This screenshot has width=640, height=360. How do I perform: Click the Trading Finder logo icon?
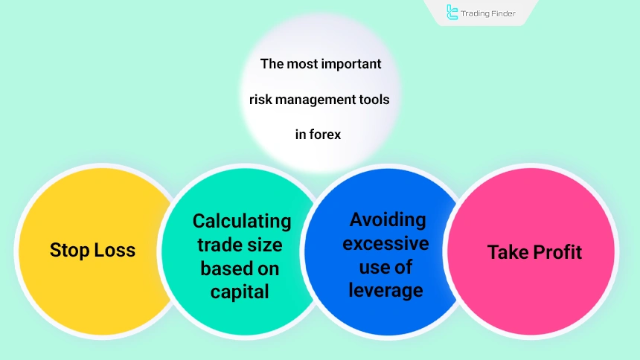[x=452, y=12]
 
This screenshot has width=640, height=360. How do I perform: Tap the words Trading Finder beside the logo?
[x=489, y=13]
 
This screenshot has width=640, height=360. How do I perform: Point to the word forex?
[x=330, y=135]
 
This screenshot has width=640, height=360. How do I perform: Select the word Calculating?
[x=242, y=221]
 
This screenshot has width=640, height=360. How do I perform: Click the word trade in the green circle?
[x=217, y=245]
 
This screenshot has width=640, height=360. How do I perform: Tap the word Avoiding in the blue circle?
[x=388, y=219]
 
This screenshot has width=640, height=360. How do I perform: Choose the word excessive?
[x=386, y=243]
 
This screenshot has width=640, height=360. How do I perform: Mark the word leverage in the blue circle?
[x=386, y=290]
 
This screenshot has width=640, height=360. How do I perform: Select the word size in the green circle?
[x=269, y=245]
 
